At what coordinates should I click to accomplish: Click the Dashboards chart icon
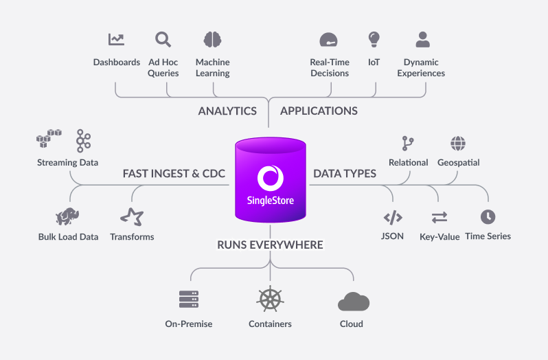tap(116, 39)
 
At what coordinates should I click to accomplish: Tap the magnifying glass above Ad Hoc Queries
tap(163, 39)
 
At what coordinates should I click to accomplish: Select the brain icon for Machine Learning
tap(212, 39)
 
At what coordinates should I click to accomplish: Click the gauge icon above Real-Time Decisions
tap(329, 39)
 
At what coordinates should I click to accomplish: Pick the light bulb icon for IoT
tap(374, 38)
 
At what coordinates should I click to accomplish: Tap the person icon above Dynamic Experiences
tap(423, 38)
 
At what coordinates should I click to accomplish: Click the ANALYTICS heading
tap(227, 111)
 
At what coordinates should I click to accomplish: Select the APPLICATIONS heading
tap(319, 111)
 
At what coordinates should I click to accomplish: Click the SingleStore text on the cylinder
tap(270, 201)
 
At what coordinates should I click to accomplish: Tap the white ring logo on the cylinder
tap(270, 177)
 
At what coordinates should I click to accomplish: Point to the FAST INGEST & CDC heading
tap(174, 174)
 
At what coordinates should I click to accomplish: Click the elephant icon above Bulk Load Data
tap(67, 217)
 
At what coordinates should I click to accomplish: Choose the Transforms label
tap(132, 237)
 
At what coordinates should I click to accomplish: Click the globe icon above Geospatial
tap(458, 144)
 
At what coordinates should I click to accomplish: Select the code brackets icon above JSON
tap(393, 218)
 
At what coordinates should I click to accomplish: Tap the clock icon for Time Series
tap(488, 216)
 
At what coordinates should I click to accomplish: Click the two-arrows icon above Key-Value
tap(439, 217)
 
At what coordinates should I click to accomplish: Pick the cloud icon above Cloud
tap(354, 302)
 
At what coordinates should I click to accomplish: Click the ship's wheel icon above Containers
tap(270, 300)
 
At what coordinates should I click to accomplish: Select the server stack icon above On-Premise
tap(189, 300)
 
